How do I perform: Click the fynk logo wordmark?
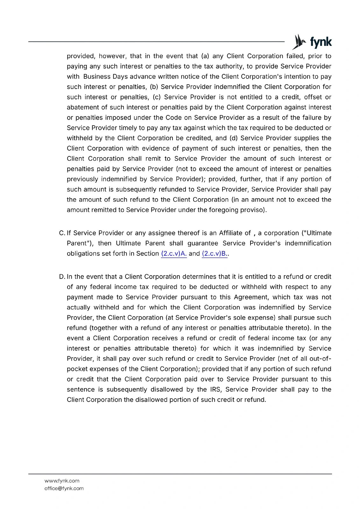click(321, 42)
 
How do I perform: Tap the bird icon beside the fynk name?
click(299, 42)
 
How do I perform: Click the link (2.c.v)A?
click(174, 254)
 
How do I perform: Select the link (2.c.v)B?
click(215, 254)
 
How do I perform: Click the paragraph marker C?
click(62, 233)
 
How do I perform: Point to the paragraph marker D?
click(62, 277)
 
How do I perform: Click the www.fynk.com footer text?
click(62, 481)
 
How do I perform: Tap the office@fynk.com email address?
click(64, 488)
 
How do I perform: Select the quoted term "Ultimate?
click(316, 233)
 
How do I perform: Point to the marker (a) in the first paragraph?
click(205, 56)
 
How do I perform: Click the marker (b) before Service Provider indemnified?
click(154, 87)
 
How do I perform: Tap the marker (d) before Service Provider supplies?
click(233, 138)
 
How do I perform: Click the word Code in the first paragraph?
click(173, 118)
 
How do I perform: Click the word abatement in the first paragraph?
click(82, 108)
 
